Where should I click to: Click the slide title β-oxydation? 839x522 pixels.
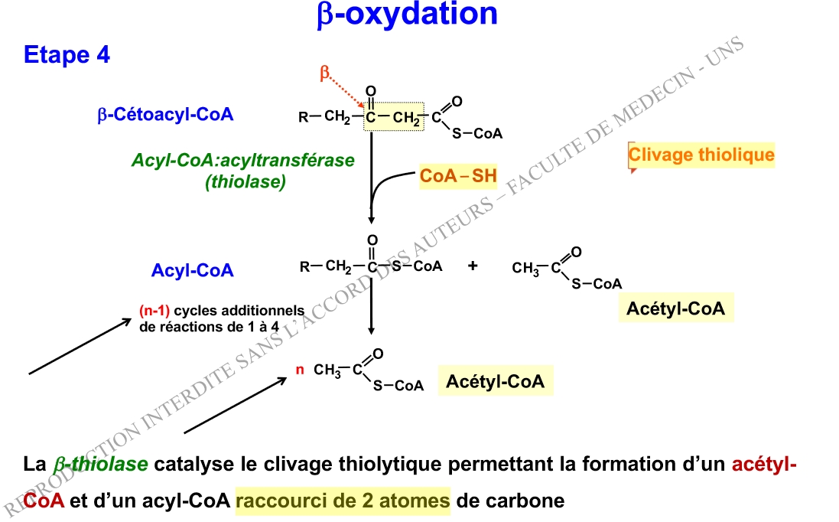point(407,15)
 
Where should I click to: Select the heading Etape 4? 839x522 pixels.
point(67,55)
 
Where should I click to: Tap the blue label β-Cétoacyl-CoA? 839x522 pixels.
point(165,115)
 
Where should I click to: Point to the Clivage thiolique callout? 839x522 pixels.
point(701,155)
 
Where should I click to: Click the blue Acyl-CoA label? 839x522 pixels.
point(193,270)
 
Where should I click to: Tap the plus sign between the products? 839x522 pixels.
point(473,266)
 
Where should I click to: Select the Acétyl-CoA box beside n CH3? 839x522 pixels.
point(495,381)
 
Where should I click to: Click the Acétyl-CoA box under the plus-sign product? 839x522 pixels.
point(675,308)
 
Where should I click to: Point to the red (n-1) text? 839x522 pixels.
point(154,311)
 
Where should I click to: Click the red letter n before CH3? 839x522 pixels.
point(301,370)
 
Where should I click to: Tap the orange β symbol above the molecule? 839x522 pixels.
point(324,73)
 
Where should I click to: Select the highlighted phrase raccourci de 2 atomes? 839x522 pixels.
point(343,502)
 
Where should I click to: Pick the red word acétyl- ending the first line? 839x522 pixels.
point(764,464)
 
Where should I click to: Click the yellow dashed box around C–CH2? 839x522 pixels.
point(393,116)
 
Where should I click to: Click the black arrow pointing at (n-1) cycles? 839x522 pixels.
point(80,347)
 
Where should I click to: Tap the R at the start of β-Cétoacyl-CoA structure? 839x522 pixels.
point(304,118)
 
